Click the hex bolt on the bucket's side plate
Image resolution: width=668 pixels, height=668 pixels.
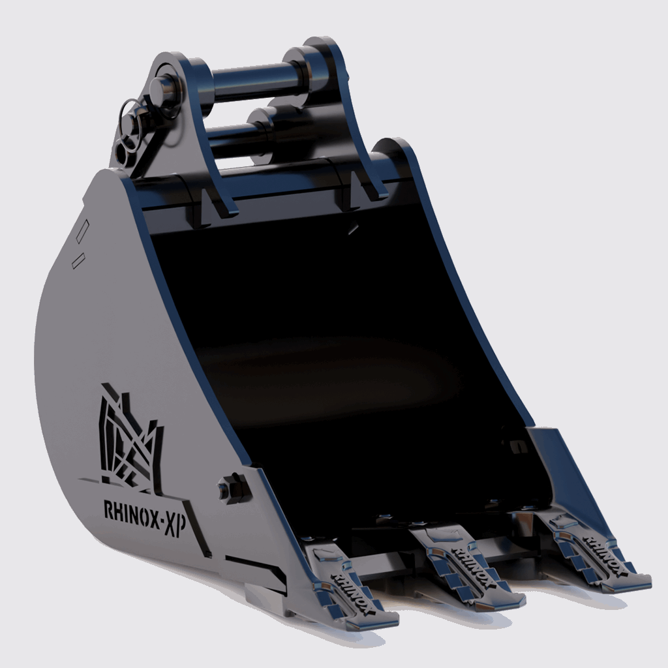click(x=232, y=489)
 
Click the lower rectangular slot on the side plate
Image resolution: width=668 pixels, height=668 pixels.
click(x=76, y=260)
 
